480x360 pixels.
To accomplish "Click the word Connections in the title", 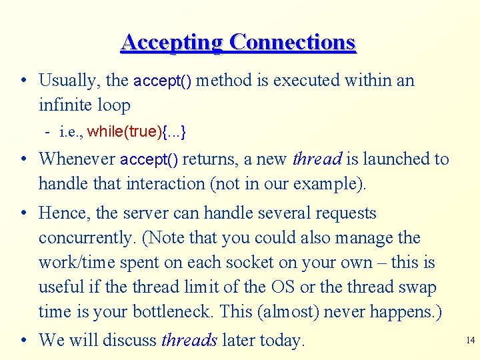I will pos(292,43).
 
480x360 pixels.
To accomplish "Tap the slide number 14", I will pos(470,341).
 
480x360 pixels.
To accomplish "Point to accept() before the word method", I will pos(163,81).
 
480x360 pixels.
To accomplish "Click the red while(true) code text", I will pos(124,131).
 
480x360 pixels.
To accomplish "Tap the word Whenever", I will pos(77,159).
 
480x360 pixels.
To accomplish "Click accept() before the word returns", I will pos(149,159).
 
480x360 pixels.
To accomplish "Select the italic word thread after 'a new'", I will pos(317,159).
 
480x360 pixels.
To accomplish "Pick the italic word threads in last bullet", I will pos(189,340).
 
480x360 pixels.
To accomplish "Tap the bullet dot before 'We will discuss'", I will pos(23,341).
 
